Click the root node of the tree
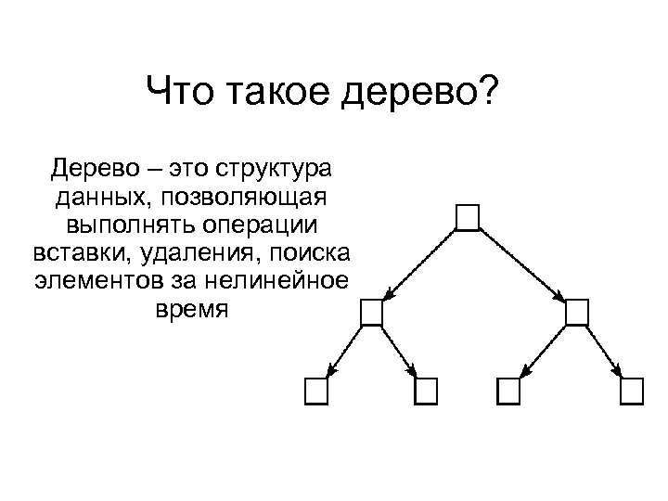pyautogui.click(x=469, y=216)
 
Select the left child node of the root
pyautogui.click(x=371, y=313)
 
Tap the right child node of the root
pyautogui.click(x=576, y=313)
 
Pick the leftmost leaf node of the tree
pyautogui.click(x=316, y=392)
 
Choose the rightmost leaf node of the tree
pyautogui.click(x=632, y=392)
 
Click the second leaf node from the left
pyautogui.click(x=425, y=392)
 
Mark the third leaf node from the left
pyautogui.click(x=508, y=392)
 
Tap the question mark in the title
pyautogui.click(x=487, y=93)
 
